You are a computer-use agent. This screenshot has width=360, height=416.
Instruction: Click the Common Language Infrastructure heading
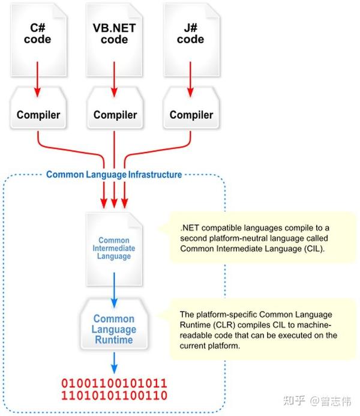pyautogui.click(x=114, y=175)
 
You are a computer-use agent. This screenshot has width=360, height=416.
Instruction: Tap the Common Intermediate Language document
pyautogui.click(x=114, y=249)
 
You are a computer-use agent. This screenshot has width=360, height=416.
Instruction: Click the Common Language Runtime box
pyautogui.click(x=113, y=330)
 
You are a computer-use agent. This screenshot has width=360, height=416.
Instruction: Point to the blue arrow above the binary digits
pyautogui.click(x=113, y=363)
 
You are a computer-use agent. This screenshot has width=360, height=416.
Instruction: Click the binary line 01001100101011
pyautogui.click(x=113, y=383)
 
